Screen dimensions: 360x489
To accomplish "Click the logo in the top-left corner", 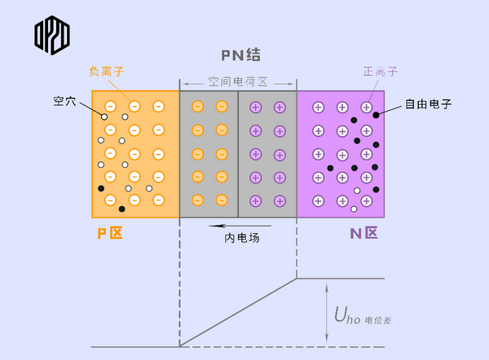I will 52,34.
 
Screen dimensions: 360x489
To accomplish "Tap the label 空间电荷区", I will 237,83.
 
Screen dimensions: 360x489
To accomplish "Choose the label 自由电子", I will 428,104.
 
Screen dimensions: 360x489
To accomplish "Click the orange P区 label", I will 109,234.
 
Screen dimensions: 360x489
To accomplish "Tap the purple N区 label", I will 364,234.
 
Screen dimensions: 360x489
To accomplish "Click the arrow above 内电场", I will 229,226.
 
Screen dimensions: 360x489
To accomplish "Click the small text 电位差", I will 379,320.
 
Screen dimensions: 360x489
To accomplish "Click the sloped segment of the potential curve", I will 238,312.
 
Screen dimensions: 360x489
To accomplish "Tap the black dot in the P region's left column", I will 101,189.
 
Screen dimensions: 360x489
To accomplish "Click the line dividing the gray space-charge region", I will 238,154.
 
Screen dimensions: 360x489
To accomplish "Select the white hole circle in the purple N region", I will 356,191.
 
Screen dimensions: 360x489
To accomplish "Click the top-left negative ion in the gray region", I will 197,107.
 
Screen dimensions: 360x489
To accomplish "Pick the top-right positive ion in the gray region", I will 280,107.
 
